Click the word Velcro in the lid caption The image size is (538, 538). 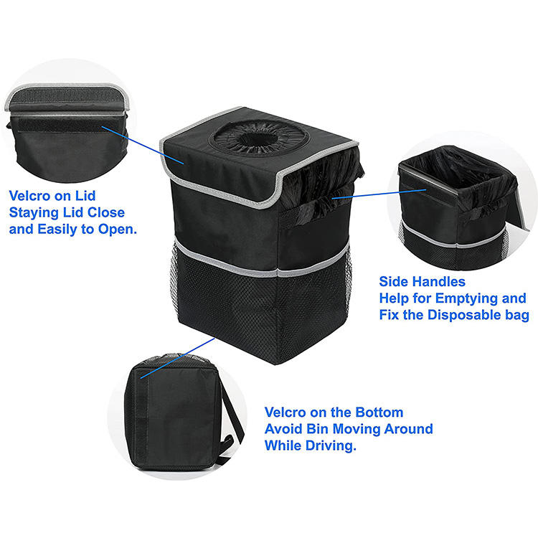pyautogui.click(x=30, y=196)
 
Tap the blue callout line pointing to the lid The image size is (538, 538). pyautogui.click(x=143, y=146)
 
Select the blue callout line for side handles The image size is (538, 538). pyautogui.click(x=379, y=194)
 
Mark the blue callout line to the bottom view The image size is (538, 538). pyautogui.click(x=177, y=358)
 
